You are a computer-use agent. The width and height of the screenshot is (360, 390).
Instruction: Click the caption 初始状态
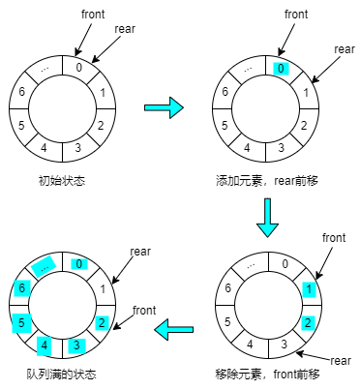(x=62, y=181)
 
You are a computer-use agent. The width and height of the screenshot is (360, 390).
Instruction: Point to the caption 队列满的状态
(x=61, y=374)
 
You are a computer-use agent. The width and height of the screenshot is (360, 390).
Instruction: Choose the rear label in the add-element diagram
(x=345, y=48)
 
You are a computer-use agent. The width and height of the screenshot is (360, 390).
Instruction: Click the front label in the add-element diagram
(x=296, y=15)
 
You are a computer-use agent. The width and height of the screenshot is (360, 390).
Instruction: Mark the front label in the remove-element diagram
(x=333, y=237)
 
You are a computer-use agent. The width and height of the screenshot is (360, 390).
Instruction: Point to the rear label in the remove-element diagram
(x=340, y=360)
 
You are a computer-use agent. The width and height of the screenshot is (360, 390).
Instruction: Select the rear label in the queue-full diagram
(x=140, y=251)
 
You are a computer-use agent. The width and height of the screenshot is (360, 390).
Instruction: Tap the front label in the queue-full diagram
(x=144, y=310)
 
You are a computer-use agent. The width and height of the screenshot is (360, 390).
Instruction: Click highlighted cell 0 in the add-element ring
(x=280, y=69)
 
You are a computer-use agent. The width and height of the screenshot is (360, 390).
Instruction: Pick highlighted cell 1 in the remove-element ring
(x=308, y=288)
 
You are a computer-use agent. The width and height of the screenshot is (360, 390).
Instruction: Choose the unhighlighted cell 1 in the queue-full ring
(x=104, y=288)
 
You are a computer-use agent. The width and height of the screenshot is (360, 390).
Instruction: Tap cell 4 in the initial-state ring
(x=44, y=148)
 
